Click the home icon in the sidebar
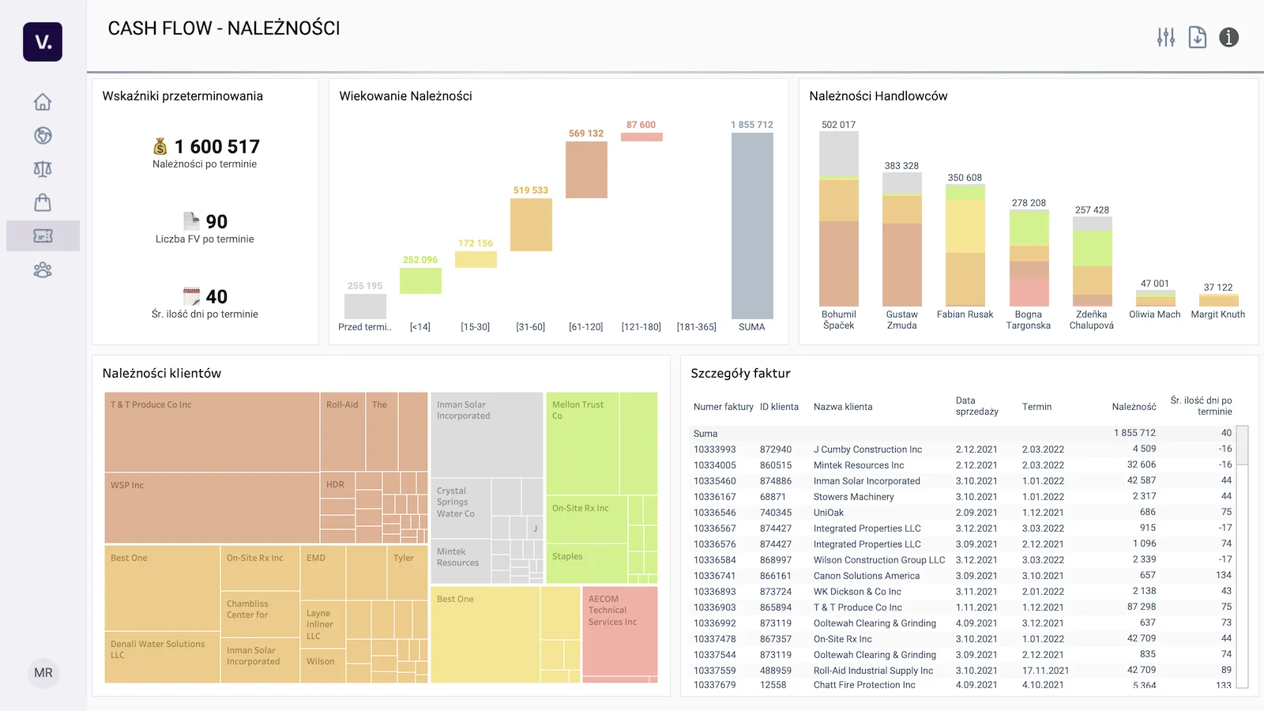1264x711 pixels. coord(43,102)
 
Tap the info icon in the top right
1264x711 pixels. coord(1228,37)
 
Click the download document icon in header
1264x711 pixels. coord(1198,37)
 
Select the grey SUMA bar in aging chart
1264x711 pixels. coord(751,225)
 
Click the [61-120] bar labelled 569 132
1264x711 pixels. coord(586,169)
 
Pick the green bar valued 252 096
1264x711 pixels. coord(420,280)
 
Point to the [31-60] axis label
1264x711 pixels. coord(530,327)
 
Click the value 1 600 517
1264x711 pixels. coord(216,147)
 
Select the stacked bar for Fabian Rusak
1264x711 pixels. coord(965,245)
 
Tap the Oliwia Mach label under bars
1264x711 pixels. coord(1154,314)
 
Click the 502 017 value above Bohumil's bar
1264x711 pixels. coord(838,125)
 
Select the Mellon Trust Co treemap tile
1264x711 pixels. coord(582,442)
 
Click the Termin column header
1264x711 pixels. coord(1036,407)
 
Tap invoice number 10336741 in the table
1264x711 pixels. coord(714,576)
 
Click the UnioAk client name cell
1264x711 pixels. coord(829,513)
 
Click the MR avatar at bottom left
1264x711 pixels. coord(43,673)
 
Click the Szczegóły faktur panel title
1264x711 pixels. coord(740,374)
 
